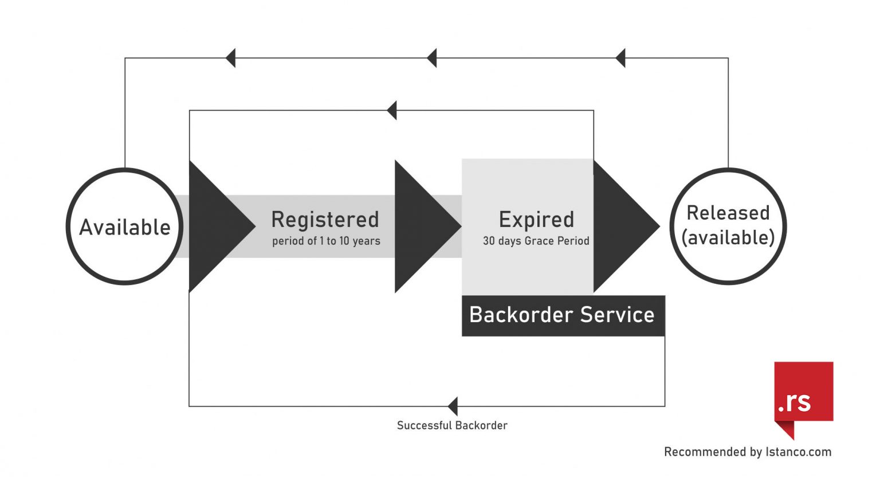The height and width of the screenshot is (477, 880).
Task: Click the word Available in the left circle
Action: (x=125, y=228)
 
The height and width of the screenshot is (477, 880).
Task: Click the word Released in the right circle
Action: (x=728, y=213)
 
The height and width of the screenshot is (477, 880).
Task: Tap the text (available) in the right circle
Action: (x=728, y=237)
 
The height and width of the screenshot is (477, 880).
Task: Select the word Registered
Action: (x=325, y=220)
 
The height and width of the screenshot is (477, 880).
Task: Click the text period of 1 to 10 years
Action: (x=326, y=241)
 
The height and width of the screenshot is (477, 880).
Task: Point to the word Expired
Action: (x=536, y=220)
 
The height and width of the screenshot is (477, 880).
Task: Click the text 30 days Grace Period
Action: (x=536, y=241)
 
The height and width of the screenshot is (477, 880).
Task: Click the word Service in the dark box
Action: (x=617, y=315)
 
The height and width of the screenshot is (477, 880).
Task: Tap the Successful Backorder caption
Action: (x=452, y=425)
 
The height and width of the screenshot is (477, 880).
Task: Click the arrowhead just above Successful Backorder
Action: (x=453, y=406)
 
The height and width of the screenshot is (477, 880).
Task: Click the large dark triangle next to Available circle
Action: (x=215, y=226)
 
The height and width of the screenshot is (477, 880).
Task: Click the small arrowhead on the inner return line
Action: (x=392, y=110)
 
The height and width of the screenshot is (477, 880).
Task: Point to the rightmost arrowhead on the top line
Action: (x=620, y=58)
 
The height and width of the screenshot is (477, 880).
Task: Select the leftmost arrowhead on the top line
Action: (x=231, y=58)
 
